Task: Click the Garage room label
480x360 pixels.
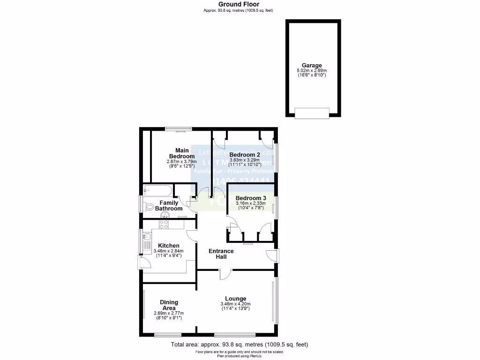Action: coord(312,66)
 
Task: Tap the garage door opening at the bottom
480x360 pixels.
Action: coord(312,112)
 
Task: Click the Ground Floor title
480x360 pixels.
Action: coord(239,4)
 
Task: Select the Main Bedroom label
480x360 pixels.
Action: coord(182,153)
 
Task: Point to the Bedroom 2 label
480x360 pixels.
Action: coord(245,155)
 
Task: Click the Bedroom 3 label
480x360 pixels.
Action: coord(251,198)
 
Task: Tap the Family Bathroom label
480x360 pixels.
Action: coord(169,206)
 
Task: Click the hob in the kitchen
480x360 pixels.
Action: coord(164,225)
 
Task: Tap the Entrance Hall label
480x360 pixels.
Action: coord(221,254)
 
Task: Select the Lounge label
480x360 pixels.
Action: coord(235,299)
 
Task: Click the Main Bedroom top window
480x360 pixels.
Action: coord(178,128)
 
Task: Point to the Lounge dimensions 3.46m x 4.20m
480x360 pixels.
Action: coord(235,306)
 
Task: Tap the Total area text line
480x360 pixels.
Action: coord(239,345)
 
